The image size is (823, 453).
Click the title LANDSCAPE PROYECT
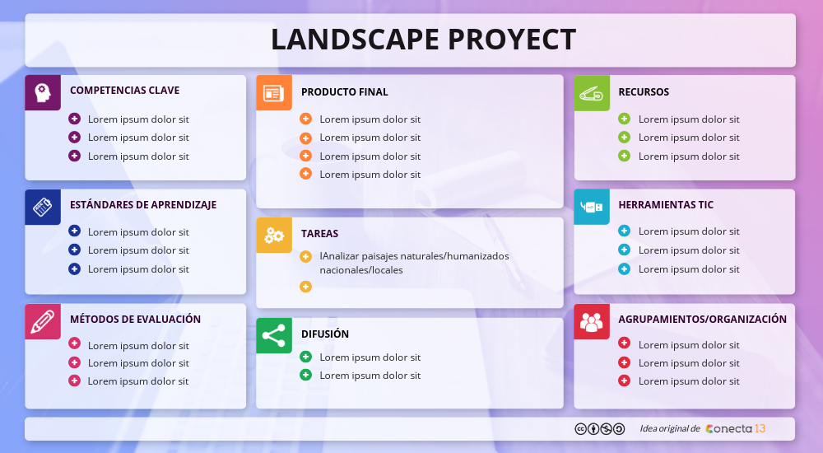tap(423, 40)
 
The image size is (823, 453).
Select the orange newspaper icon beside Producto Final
tap(274, 92)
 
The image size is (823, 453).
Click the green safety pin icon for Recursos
tap(592, 92)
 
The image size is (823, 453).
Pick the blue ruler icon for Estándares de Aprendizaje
tap(43, 207)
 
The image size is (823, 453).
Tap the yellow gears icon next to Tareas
tap(274, 236)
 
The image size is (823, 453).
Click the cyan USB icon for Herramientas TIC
tap(592, 207)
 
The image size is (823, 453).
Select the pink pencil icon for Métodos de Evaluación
tap(43, 321)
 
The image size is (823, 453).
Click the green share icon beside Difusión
tap(274, 335)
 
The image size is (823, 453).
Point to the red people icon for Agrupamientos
tap(592, 321)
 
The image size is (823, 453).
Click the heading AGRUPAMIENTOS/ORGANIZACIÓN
tap(702, 320)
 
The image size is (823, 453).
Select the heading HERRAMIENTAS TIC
tap(666, 205)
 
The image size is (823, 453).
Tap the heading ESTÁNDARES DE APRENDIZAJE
tap(143, 205)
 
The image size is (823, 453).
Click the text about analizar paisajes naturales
tap(414, 263)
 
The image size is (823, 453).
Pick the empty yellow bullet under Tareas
tap(305, 287)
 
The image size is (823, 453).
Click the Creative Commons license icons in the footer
tap(599, 428)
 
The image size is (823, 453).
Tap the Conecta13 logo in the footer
tap(736, 428)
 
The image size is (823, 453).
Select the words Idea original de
tap(669, 428)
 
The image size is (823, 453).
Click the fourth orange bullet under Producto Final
tap(305, 174)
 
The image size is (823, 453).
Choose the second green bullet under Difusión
tap(305, 375)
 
